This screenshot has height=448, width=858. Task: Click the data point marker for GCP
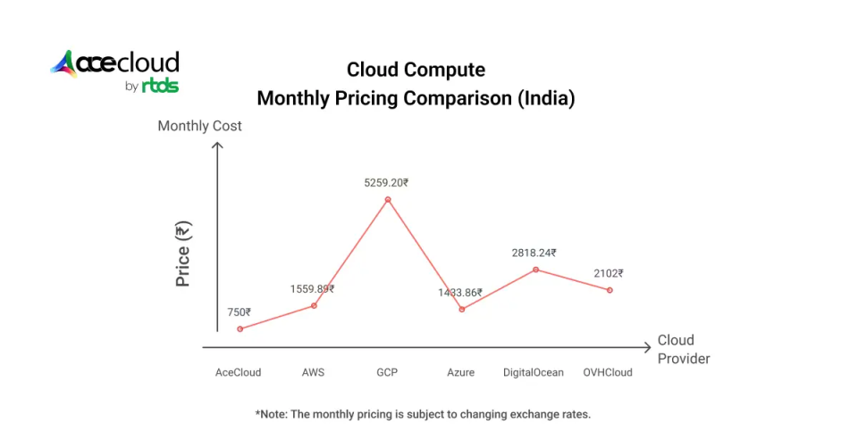tap(388, 200)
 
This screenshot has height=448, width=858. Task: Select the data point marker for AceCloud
tap(239, 328)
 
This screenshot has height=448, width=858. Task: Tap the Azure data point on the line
tap(462, 309)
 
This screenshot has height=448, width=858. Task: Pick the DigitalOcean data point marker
tap(535, 270)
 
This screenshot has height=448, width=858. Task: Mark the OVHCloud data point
tap(610, 290)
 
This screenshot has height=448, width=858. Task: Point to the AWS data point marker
tap(314, 305)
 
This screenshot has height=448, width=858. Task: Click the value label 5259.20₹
tap(386, 183)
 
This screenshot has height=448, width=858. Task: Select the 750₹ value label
tap(239, 312)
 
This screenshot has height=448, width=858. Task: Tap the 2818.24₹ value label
tap(534, 253)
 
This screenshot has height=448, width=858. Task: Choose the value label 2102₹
tap(608, 274)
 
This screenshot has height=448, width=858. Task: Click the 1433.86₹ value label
tap(460, 293)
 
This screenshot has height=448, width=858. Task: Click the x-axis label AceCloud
tap(239, 372)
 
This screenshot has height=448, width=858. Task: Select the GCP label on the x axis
tap(387, 372)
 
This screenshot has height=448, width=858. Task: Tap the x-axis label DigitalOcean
tap(534, 372)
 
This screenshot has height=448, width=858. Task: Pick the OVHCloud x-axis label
tap(608, 372)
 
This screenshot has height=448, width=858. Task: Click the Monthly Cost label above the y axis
tap(199, 126)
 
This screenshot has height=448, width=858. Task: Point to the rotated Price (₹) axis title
tap(183, 255)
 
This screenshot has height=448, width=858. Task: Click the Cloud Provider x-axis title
tap(684, 349)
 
